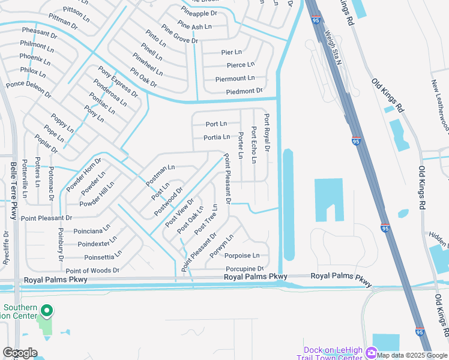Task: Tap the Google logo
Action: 20,353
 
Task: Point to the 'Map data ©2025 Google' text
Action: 412,355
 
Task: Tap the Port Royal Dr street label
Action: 267,133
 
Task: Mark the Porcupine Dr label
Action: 245,269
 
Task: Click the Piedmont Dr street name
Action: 244,91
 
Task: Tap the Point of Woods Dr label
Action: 92,271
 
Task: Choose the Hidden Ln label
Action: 438,239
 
